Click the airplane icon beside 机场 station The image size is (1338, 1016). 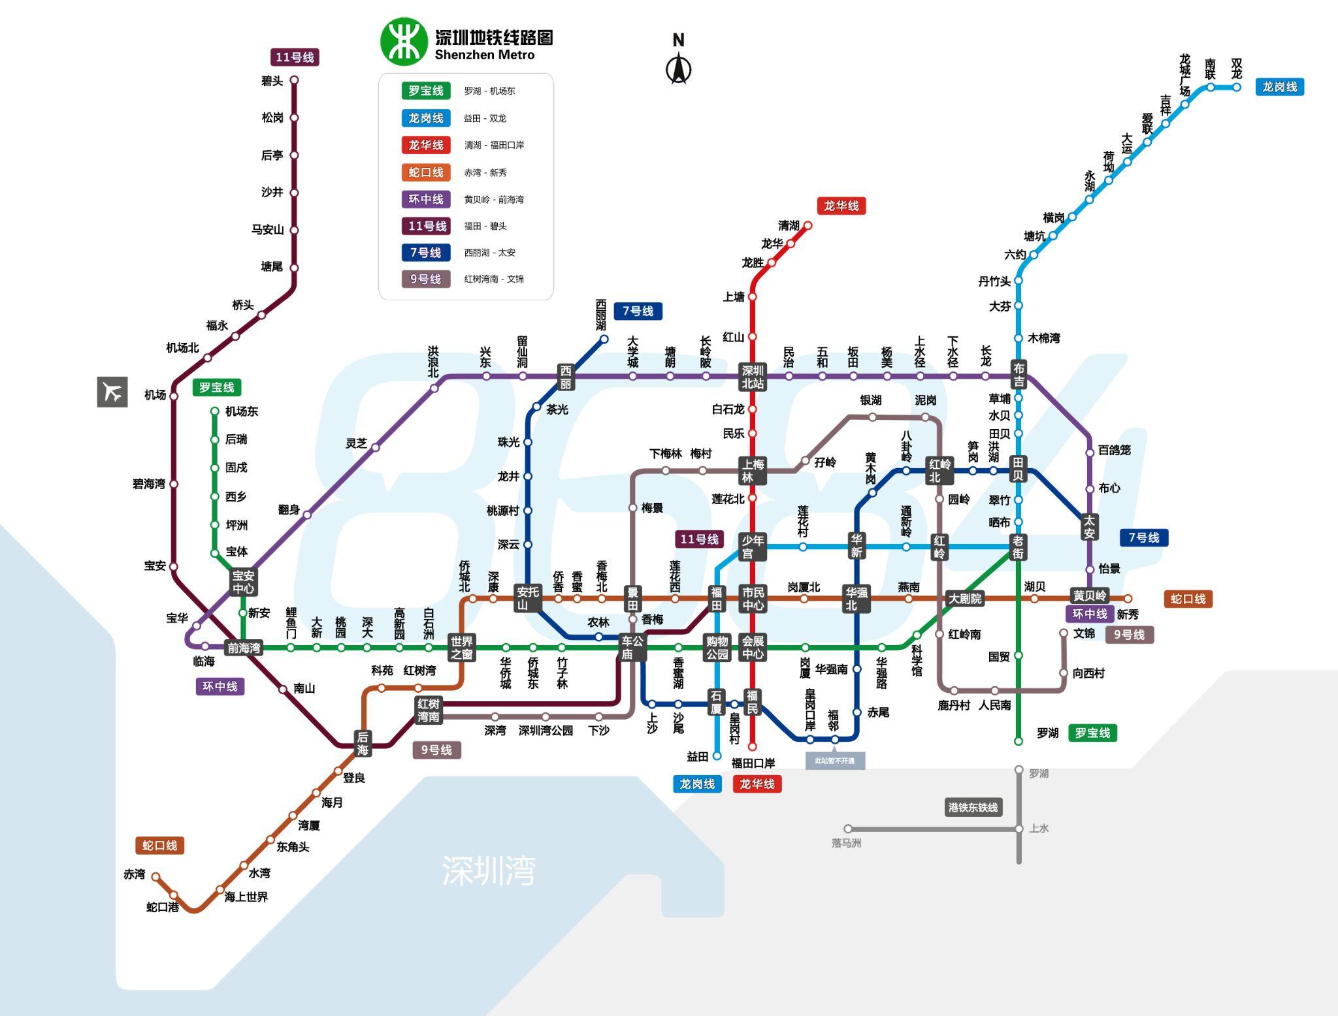click(x=112, y=392)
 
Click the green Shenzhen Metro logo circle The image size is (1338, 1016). click(x=404, y=42)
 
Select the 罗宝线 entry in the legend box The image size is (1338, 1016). click(x=425, y=91)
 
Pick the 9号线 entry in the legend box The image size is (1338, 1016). click(x=425, y=279)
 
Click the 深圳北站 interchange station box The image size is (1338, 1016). click(x=753, y=377)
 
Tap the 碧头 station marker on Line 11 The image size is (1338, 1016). click(x=294, y=80)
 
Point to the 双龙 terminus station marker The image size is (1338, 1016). click(x=1237, y=87)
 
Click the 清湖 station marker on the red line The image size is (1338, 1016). click(x=808, y=225)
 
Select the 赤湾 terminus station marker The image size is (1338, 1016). click(x=155, y=877)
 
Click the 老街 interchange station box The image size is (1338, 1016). click(x=1018, y=547)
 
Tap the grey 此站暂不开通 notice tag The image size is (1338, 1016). click(x=835, y=761)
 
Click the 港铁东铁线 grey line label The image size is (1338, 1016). click(x=973, y=808)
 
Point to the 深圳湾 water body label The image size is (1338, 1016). click(x=489, y=870)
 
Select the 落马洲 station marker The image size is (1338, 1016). click(x=848, y=829)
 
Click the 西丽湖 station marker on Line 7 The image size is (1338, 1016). click(x=604, y=339)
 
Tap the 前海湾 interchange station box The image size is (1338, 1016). click(x=244, y=648)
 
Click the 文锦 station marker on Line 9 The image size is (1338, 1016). click(x=1064, y=633)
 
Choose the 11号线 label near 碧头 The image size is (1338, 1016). click(x=295, y=57)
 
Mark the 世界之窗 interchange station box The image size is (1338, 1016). click(x=461, y=648)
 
